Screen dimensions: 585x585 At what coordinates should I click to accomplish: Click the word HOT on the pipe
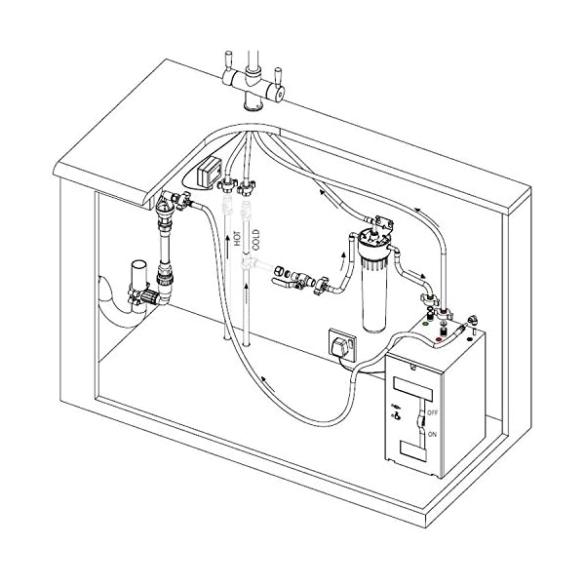pyautogui.click(x=238, y=239)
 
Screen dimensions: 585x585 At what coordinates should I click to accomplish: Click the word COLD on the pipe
pyautogui.click(x=255, y=240)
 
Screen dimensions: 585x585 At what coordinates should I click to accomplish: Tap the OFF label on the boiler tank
pyautogui.click(x=432, y=413)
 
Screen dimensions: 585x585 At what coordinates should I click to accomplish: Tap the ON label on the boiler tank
pyautogui.click(x=432, y=435)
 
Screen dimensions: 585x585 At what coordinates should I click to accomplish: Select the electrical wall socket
pyautogui.click(x=342, y=345)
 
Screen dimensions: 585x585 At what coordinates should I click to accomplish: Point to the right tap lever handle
pyautogui.click(x=277, y=77)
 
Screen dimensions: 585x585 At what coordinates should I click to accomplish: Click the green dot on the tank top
pyautogui.click(x=424, y=324)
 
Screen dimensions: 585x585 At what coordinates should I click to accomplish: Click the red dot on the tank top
pyautogui.click(x=439, y=339)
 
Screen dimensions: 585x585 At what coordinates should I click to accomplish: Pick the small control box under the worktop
pyautogui.click(x=209, y=171)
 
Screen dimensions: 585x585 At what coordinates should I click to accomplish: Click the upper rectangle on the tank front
pyautogui.click(x=412, y=388)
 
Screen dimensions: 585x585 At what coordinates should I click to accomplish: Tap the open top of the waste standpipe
pyautogui.click(x=139, y=264)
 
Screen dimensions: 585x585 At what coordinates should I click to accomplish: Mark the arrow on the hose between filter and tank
pyautogui.click(x=417, y=273)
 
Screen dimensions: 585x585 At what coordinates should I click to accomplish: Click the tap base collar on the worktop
pyautogui.click(x=253, y=107)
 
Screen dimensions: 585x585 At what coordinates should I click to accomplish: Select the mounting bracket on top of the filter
pyautogui.click(x=384, y=222)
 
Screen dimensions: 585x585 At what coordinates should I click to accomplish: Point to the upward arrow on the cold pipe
pyautogui.click(x=246, y=294)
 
